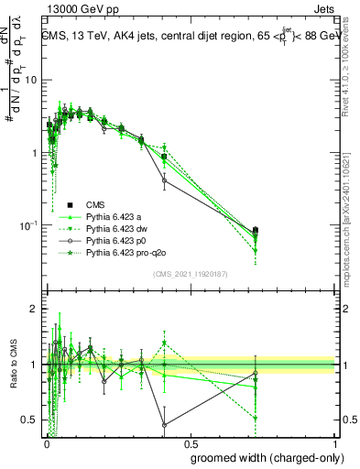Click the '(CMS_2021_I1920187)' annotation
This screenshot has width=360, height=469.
tap(190, 274)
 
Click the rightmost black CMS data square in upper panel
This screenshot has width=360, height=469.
tap(256, 231)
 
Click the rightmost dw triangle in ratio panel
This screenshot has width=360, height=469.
tap(256, 419)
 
